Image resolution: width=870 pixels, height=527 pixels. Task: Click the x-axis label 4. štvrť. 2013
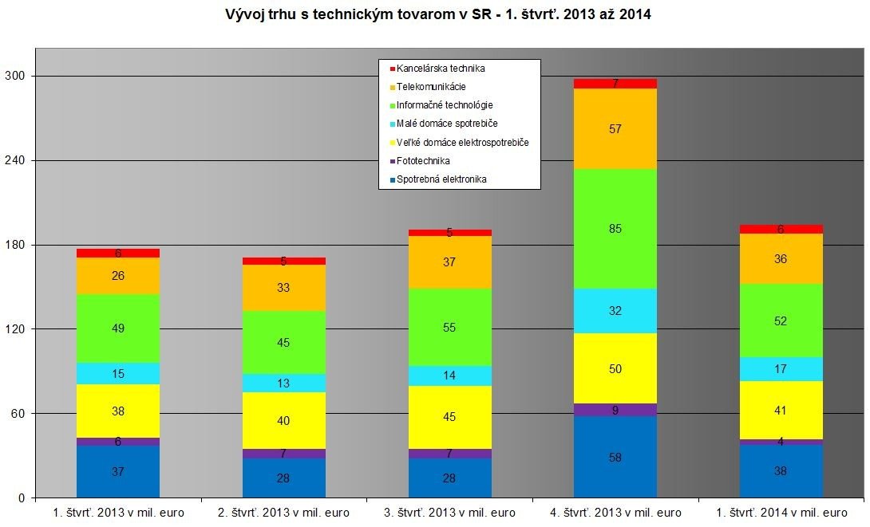point(615,513)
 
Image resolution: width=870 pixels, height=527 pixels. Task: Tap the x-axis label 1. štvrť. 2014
point(781,513)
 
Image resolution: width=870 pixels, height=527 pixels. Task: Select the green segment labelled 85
point(615,229)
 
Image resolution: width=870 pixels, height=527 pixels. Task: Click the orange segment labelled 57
point(615,129)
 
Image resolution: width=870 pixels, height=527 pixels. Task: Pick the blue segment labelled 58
point(615,457)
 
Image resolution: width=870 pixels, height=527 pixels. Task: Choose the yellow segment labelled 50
point(615,368)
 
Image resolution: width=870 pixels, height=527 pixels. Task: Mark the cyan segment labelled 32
point(615,311)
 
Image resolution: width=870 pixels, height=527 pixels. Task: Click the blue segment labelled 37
point(118,471)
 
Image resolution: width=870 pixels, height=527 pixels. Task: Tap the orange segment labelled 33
point(283,288)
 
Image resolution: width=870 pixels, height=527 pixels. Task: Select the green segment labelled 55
point(449,327)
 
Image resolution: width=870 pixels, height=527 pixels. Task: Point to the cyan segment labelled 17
point(781,369)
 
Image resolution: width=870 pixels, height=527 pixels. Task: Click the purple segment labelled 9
point(615,410)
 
